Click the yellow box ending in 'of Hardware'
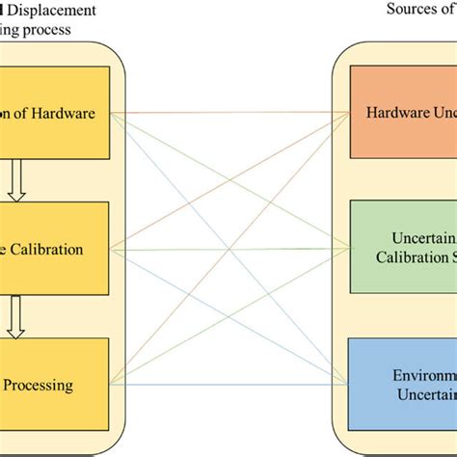click(55, 114)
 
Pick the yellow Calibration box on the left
click(55, 249)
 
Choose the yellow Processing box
click(55, 385)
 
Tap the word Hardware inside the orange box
click(396, 114)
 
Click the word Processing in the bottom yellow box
click(38, 385)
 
